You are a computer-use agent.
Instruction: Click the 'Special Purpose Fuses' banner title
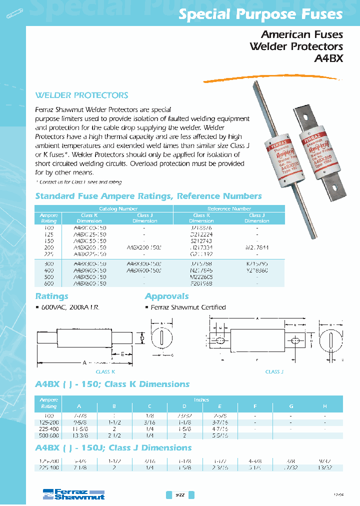point(260,15)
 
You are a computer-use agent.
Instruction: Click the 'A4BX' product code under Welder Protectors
point(328,58)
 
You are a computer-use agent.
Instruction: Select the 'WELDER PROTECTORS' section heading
point(81,95)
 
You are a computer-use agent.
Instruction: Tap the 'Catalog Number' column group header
point(118,208)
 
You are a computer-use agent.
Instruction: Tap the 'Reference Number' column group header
point(229,208)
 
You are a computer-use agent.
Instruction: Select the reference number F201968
point(201,283)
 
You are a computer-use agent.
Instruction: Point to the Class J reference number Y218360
point(257,269)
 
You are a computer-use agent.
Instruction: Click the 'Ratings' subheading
point(51,296)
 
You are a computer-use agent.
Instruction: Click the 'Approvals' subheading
point(166,296)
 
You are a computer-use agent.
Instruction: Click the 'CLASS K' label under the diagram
point(105,372)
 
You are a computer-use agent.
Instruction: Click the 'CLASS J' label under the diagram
point(273,372)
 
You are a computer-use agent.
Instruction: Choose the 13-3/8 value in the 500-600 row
point(77,435)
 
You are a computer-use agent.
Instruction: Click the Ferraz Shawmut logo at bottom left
point(72,494)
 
